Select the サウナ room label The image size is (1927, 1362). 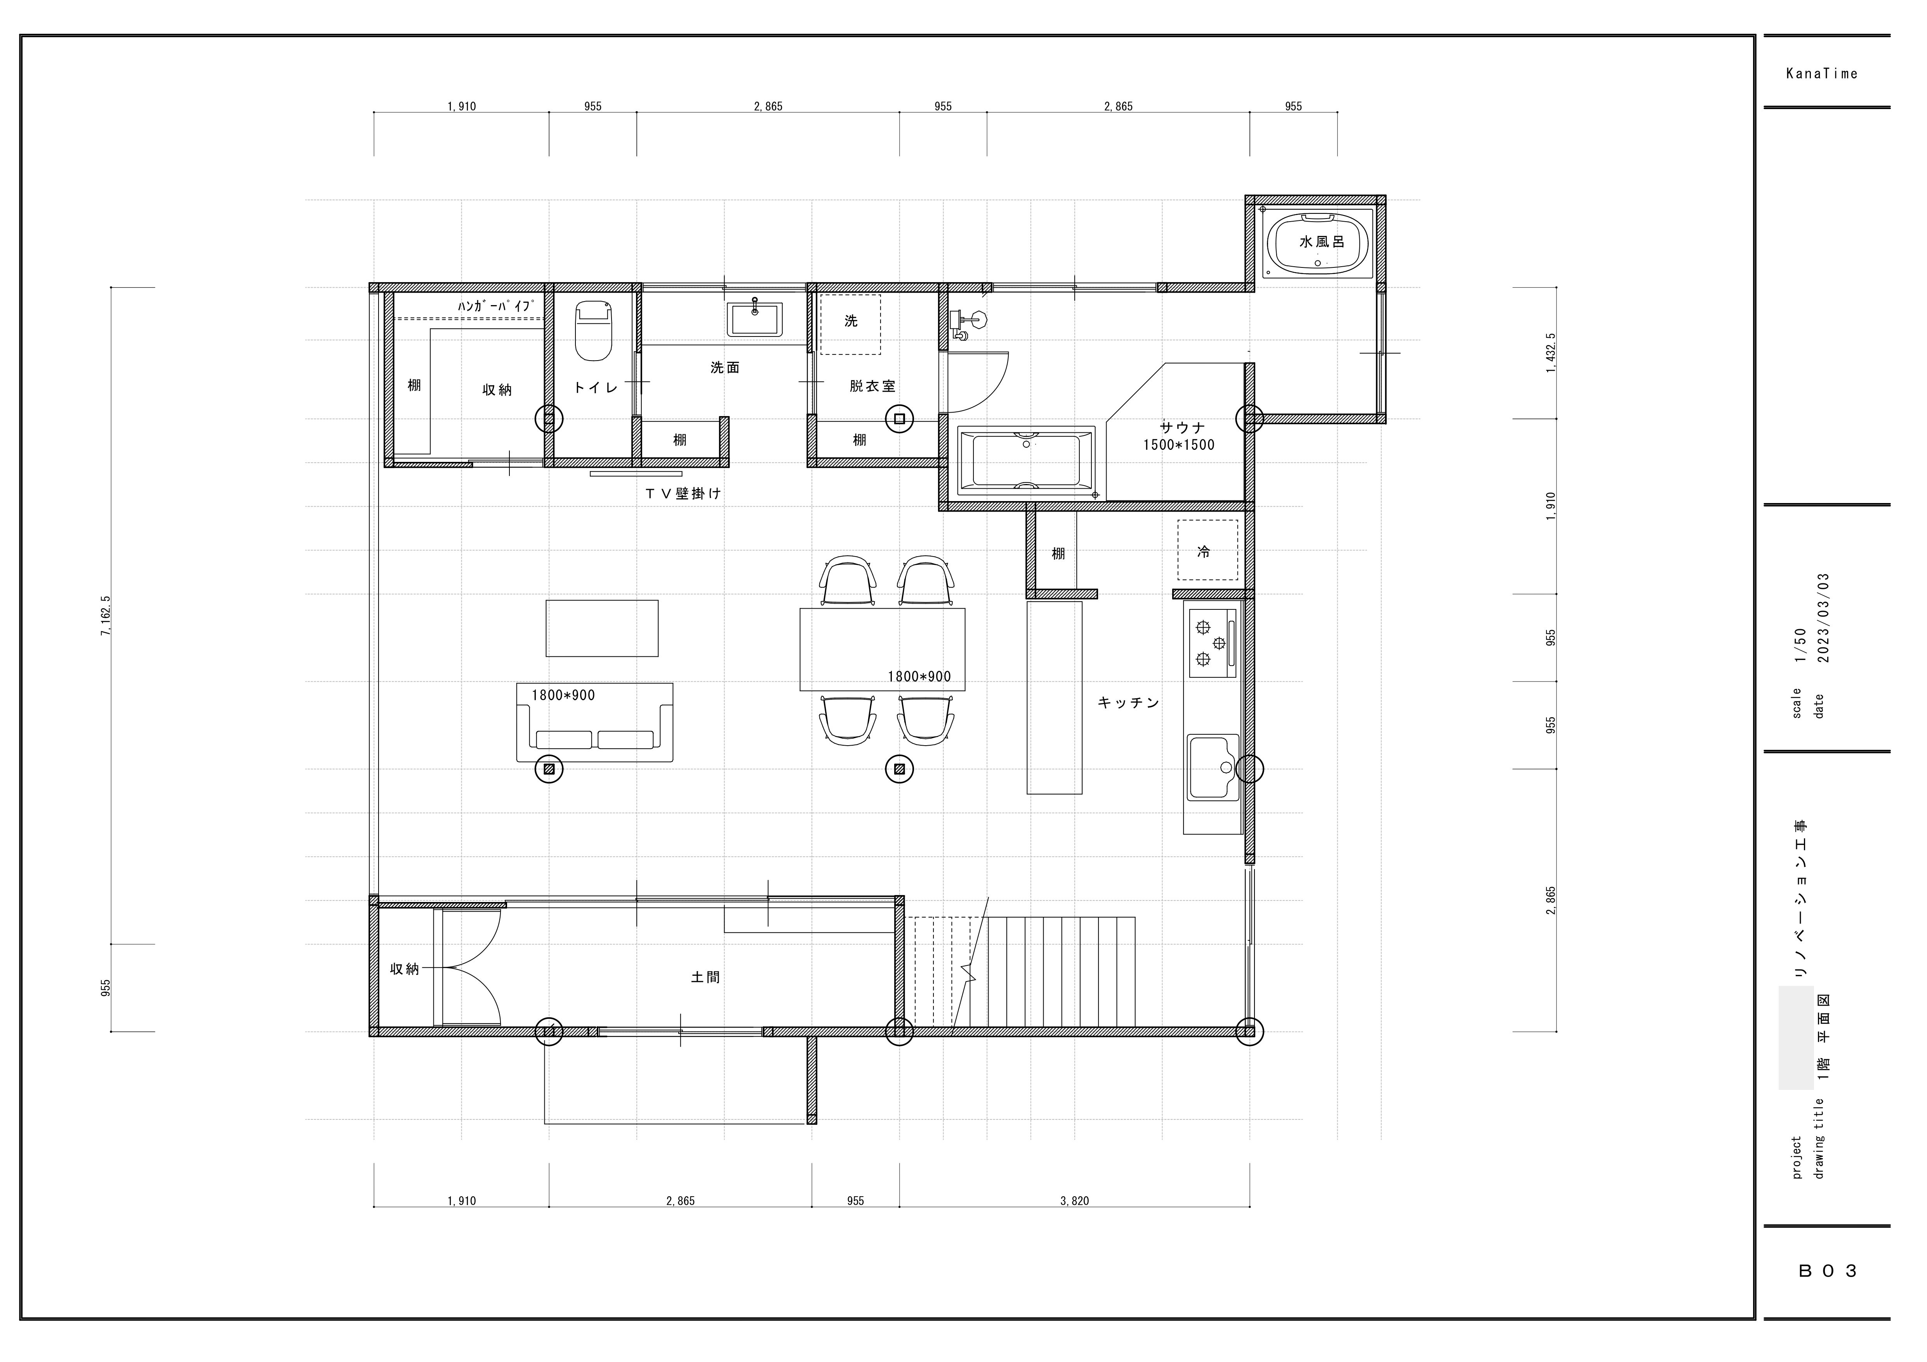[1183, 427]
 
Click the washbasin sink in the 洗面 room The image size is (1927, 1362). [754, 320]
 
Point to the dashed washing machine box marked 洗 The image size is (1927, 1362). [850, 324]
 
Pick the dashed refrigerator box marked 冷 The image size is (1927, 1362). [1208, 550]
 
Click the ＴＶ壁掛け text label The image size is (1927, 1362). [683, 494]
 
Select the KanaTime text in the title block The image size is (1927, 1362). [1822, 74]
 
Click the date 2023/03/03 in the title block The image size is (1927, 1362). [1822, 618]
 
